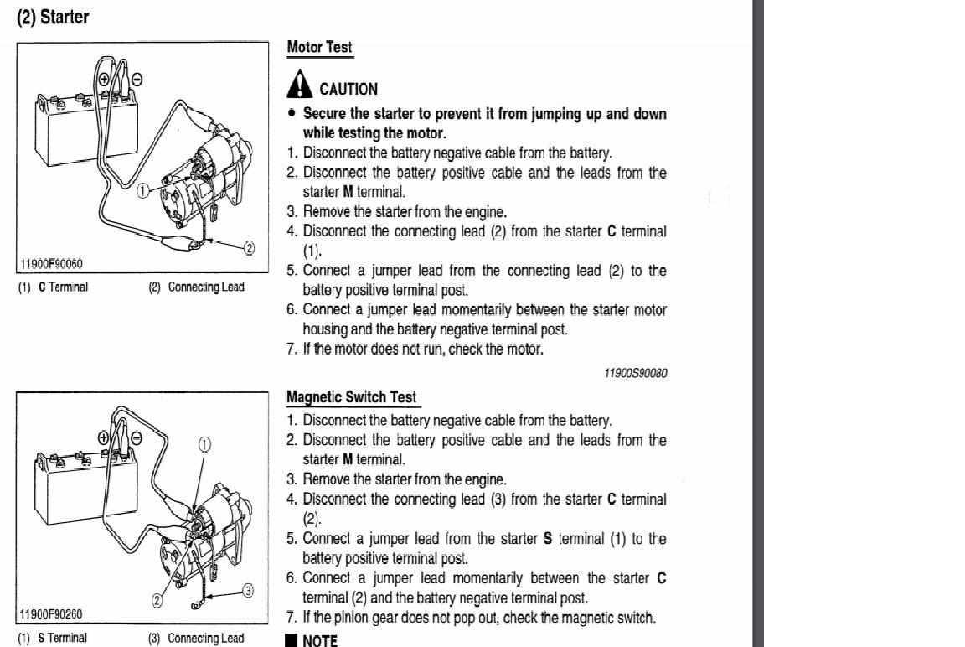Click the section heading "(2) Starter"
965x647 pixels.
(x=53, y=17)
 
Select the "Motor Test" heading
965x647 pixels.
(x=319, y=48)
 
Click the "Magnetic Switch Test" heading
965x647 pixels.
(x=351, y=396)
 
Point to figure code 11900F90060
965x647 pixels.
(x=51, y=265)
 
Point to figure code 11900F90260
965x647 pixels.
(x=51, y=614)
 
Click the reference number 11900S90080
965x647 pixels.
(x=635, y=373)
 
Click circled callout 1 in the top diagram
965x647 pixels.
(x=142, y=190)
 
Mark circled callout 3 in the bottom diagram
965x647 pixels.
(x=248, y=589)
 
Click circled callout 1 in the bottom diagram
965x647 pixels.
(x=204, y=444)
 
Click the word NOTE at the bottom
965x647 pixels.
(x=319, y=641)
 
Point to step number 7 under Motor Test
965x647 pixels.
(x=292, y=349)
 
